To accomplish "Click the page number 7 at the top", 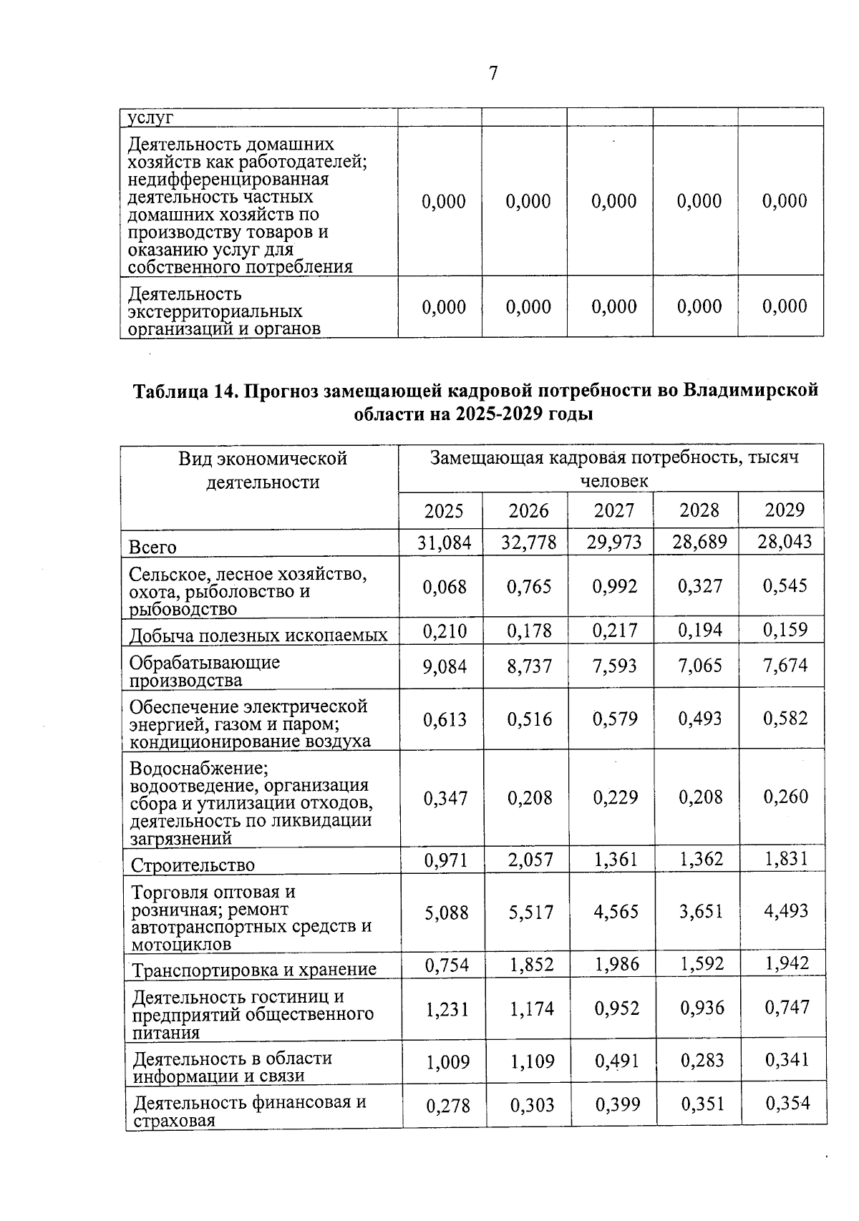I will pyautogui.click(x=493, y=74).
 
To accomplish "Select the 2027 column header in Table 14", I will pyautogui.click(x=613, y=510).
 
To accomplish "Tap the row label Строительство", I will pyautogui.click(x=193, y=865).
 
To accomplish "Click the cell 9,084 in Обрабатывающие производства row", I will pyautogui.click(x=445, y=667).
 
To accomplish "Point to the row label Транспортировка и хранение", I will pyautogui.click(x=254, y=970).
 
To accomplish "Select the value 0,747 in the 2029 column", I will pyautogui.click(x=787, y=1008).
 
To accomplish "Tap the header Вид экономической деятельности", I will pyautogui.click(x=263, y=470).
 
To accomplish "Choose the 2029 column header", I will pyautogui.click(x=785, y=510).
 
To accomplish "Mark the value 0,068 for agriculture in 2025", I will pyautogui.click(x=445, y=587).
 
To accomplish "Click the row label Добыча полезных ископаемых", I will pyautogui.click(x=258, y=635).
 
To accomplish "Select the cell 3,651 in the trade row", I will pyautogui.click(x=701, y=911).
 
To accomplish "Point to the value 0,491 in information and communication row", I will pyautogui.click(x=616, y=1061).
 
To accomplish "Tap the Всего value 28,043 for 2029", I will pyautogui.click(x=785, y=541).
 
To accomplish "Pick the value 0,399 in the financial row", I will pyautogui.click(x=617, y=1104).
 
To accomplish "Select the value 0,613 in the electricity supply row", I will pyautogui.click(x=445, y=720).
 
